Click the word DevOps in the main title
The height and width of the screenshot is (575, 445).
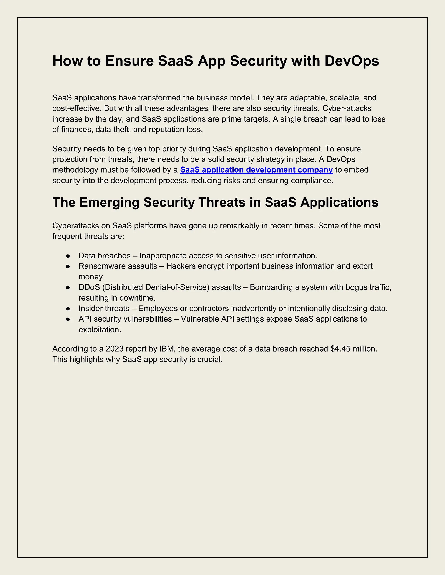tap(352, 61)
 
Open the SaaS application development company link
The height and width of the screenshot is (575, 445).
tap(256, 170)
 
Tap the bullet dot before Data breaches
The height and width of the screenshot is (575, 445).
tap(68, 256)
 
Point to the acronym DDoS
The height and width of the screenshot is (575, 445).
tap(89, 287)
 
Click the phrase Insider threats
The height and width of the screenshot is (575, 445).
tap(104, 308)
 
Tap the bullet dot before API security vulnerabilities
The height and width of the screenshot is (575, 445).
tap(68, 319)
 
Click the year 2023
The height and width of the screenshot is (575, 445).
tap(115, 349)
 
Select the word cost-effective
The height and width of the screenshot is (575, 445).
tap(75, 108)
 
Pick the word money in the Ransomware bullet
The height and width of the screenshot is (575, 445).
tap(91, 277)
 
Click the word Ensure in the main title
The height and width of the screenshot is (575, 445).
tap(129, 61)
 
